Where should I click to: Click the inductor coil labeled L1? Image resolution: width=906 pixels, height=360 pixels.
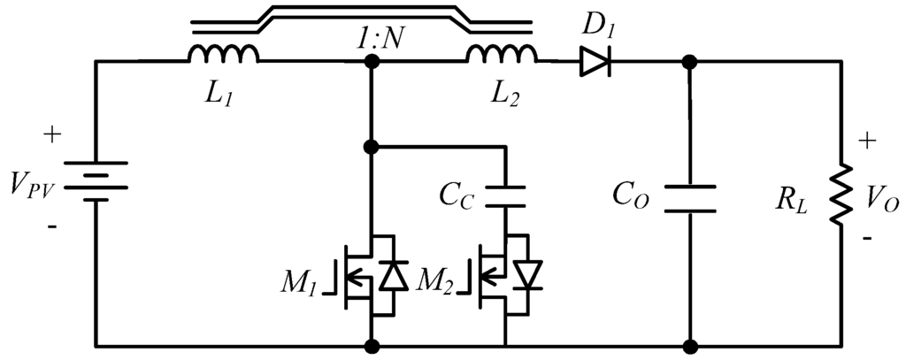pyautogui.click(x=223, y=55)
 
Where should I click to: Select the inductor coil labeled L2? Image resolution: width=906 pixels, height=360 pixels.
pyautogui.click(x=502, y=55)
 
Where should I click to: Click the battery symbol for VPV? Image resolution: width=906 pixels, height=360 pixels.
pyautogui.click(x=96, y=180)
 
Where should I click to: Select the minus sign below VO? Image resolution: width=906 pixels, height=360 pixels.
pyautogui.click(x=867, y=239)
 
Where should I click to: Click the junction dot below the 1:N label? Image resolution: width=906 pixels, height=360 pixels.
pyautogui.click(x=372, y=62)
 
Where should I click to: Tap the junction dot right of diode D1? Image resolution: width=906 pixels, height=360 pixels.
pyautogui.click(x=690, y=62)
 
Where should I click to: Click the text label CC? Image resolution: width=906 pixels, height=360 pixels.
pyautogui.click(x=458, y=195)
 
